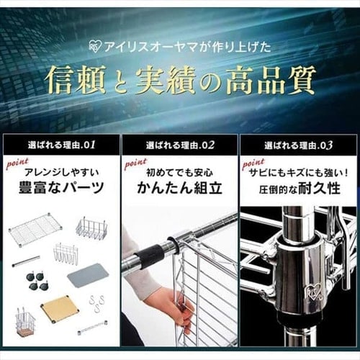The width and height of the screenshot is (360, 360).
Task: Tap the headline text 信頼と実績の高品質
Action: point(180,78)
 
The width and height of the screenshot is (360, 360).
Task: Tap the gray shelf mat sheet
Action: point(87,275)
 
